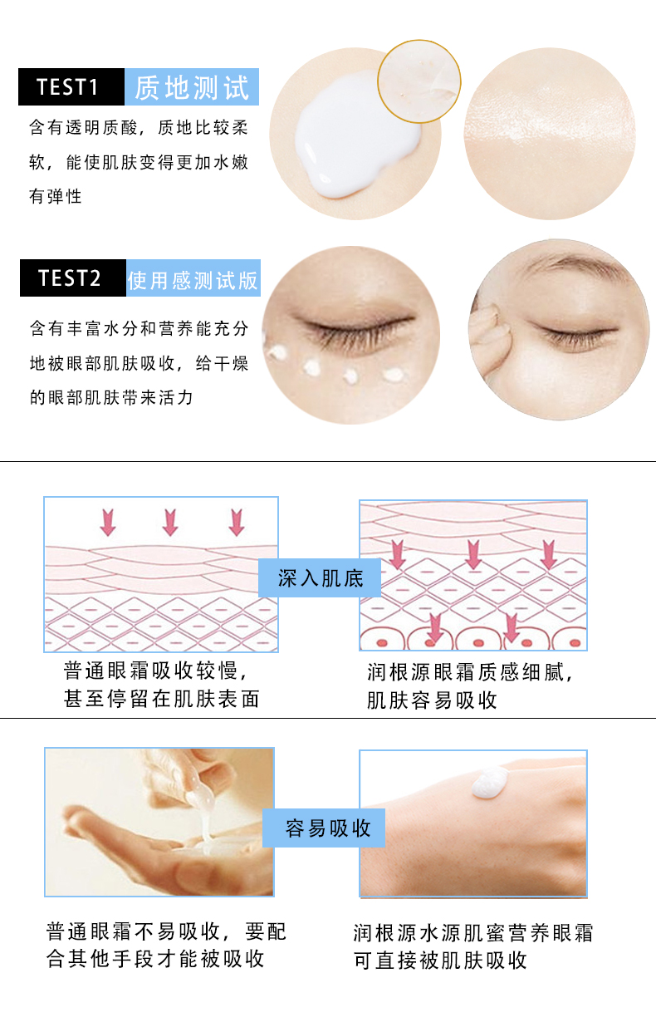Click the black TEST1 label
click(x=71, y=86)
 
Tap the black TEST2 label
click(x=73, y=278)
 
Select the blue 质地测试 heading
click(x=192, y=86)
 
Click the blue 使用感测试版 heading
click(x=193, y=278)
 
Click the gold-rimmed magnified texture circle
click(x=419, y=81)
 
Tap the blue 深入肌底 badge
click(x=320, y=577)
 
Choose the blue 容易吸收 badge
click(x=324, y=828)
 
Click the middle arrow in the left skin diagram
click(x=170, y=523)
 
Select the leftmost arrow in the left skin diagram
click(x=108, y=523)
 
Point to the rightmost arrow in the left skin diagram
click(x=237, y=523)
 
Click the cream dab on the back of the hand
click(x=490, y=782)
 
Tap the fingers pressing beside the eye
click(x=490, y=333)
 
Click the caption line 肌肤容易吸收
click(x=432, y=700)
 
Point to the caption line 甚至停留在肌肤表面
click(x=161, y=699)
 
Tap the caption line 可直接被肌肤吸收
click(x=440, y=961)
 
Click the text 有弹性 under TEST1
click(x=55, y=197)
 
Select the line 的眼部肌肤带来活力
click(x=111, y=397)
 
